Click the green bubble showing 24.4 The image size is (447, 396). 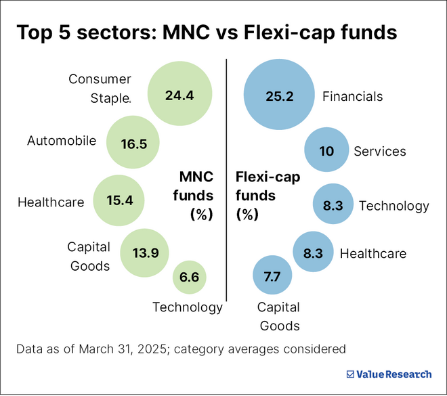click(179, 95)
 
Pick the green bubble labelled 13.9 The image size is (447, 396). click(145, 253)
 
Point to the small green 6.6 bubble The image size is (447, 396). click(189, 277)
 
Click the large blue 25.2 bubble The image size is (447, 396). click(279, 96)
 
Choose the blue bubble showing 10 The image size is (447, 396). click(326, 150)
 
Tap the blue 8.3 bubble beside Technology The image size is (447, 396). click(333, 206)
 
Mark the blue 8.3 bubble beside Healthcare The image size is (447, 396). click(313, 253)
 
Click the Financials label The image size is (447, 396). click(352, 96)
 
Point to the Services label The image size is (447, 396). click(380, 151)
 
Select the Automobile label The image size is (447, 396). click(62, 141)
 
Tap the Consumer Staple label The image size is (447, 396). click(100, 89)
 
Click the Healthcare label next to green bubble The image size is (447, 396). click(51, 202)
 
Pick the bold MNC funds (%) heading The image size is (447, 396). click(196, 196)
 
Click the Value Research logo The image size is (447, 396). click(388, 374)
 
